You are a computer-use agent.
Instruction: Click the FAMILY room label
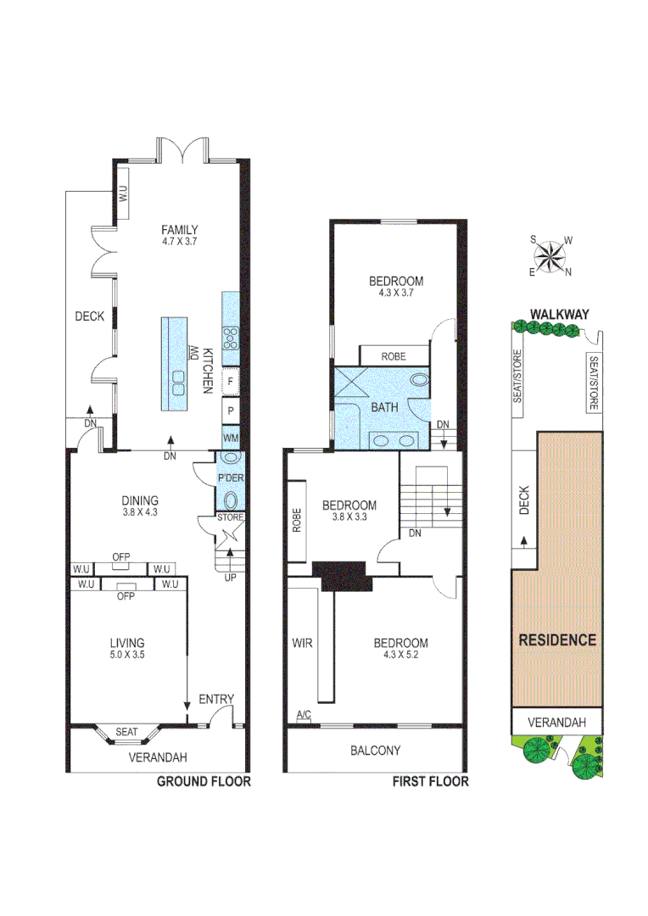181,229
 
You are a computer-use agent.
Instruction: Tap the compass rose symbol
551,255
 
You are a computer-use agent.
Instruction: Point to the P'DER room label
231,478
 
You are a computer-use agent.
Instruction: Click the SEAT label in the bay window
127,730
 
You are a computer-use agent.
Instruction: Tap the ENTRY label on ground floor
215,699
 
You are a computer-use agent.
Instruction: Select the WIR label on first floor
303,643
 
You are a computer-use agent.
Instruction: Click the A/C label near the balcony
304,718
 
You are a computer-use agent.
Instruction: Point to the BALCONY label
375,751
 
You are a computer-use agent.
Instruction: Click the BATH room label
384,408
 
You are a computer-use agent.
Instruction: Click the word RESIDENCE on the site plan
556,640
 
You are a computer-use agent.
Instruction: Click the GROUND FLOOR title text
204,781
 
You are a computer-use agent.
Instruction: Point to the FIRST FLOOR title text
429,781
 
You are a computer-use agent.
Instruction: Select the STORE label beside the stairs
231,517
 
